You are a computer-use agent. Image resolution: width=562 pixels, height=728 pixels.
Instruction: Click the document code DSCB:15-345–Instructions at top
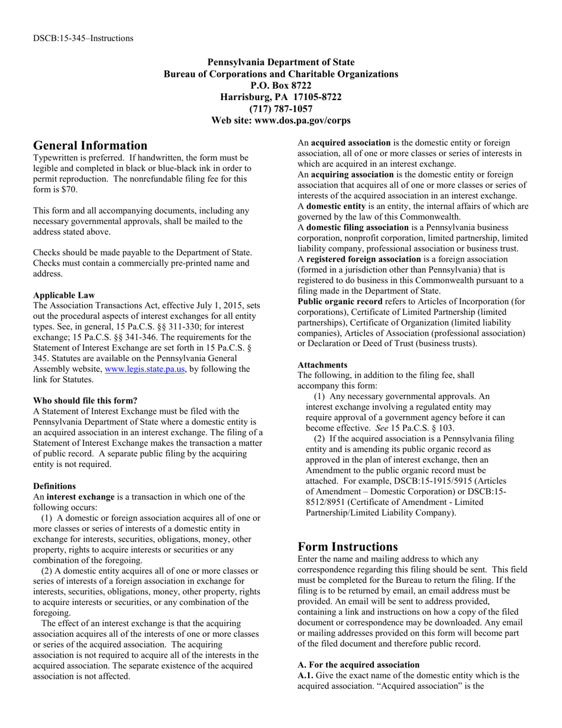click(x=83, y=38)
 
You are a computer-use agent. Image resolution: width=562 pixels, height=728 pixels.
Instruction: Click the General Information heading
click(x=90, y=146)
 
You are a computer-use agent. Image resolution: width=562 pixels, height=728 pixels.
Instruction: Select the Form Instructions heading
click(x=347, y=546)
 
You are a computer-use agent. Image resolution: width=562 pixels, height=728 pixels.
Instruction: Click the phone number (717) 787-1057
click(x=280, y=109)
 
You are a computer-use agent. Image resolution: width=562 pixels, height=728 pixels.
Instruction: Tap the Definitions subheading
click(x=54, y=486)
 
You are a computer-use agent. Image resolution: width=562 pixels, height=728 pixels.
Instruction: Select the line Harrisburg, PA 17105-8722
click(x=280, y=97)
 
